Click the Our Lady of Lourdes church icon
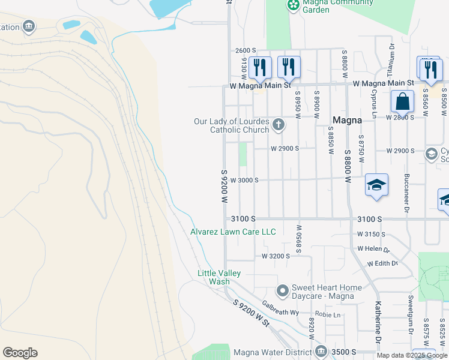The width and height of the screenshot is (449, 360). [x=278, y=125]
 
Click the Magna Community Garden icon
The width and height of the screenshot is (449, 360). [x=293, y=5]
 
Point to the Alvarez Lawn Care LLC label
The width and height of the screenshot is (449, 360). [x=233, y=232]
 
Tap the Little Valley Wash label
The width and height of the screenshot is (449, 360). [x=219, y=277]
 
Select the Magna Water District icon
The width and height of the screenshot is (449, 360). [x=321, y=351]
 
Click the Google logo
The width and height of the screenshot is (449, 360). [x=20, y=353]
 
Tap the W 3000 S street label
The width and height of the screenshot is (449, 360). [x=244, y=180]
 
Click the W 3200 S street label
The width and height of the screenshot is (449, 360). [x=276, y=256]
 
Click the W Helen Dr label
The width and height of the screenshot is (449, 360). [x=373, y=248]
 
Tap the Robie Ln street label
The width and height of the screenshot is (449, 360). [x=328, y=314]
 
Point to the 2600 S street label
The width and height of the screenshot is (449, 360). [x=246, y=50]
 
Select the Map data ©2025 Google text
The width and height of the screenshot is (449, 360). [x=411, y=356]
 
